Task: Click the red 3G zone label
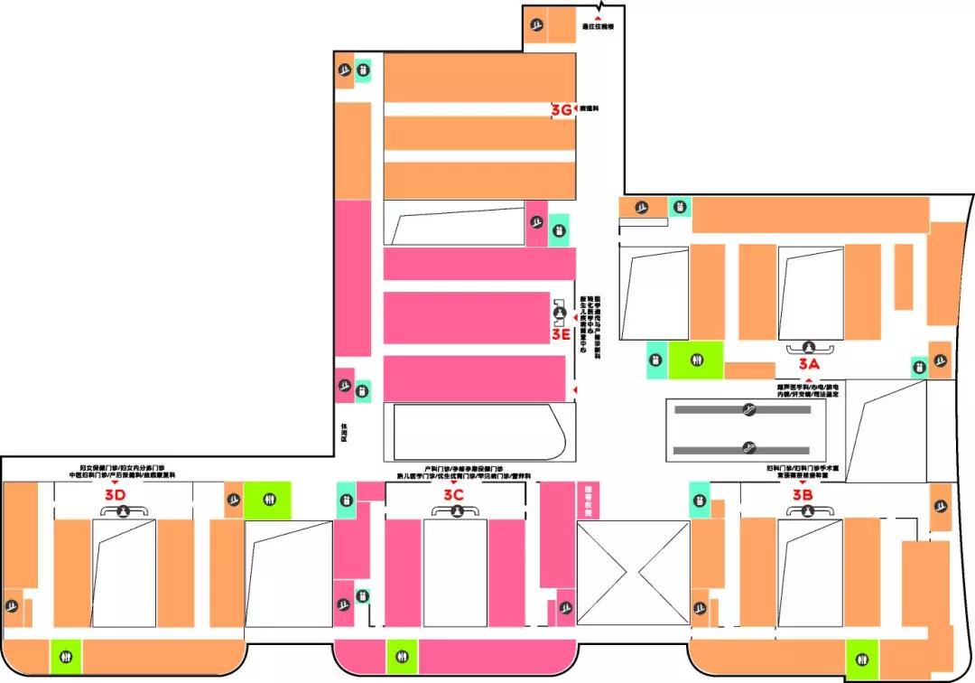pyautogui.click(x=561, y=110)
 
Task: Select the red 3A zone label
pyautogui.click(x=808, y=363)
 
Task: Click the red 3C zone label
pyautogui.click(x=453, y=494)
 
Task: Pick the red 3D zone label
pyautogui.click(x=115, y=494)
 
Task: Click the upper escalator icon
pyautogui.click(x=747, y=410)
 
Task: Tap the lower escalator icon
pyautogui.click(x=747, y=446)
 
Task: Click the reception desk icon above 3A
pyautogui.click(x=809, y=345)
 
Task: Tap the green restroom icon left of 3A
pyautogui.click(x=696, y=360)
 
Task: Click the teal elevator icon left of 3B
pyautogui.click(x=700, y=499)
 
